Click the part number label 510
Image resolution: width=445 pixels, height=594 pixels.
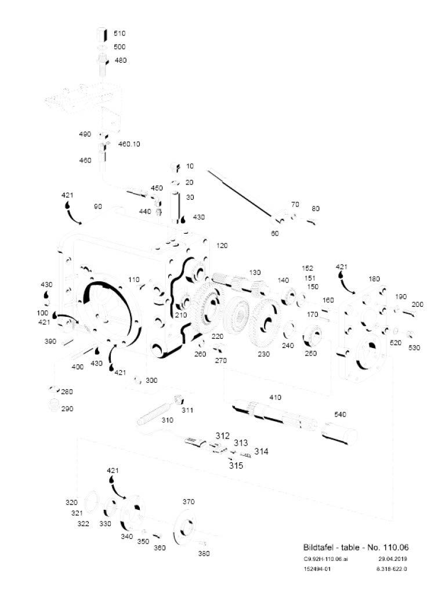coord(120,33)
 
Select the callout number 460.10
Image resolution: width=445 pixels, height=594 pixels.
coord(129,144)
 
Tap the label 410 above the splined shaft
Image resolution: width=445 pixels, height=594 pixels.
coord(275,397)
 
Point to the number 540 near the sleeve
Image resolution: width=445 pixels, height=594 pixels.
coord(340,414)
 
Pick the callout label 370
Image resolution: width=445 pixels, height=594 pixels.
coord(189,502)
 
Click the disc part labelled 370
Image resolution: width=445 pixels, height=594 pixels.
coord(184,527)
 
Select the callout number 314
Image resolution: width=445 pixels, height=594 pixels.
coord(261,451)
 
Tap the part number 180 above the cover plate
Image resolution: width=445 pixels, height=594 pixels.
coord(374,279)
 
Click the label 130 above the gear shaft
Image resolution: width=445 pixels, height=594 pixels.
coord(255,273)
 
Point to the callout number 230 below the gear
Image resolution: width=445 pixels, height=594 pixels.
coord(263,354)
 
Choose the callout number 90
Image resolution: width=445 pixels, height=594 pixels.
coord(98,207)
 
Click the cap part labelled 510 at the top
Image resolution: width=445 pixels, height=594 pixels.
coord(102,35)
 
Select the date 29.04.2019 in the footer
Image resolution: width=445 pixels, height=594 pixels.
coord(392,559)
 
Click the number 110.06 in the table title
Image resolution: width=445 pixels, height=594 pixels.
coord(396,547)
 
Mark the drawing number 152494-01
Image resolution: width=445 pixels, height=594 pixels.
coord(317,568)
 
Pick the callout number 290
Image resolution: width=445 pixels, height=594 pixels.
coord(67,409)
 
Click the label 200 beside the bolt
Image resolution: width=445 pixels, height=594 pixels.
coord(417,304)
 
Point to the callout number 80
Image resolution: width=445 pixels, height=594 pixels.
coord(316,208)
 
